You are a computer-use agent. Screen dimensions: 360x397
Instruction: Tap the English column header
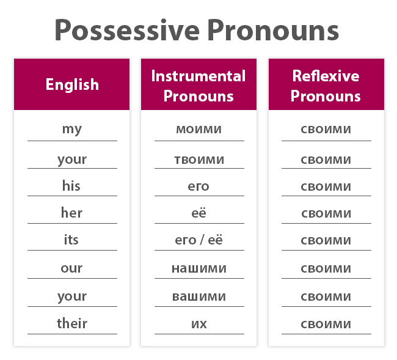click(x=72, y=84)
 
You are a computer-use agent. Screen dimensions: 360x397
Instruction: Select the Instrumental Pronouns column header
click(x=198, y=86)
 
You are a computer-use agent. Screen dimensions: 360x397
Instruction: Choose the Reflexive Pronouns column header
click(x=326, y=86)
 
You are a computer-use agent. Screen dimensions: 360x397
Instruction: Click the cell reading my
click(x=72, y=129)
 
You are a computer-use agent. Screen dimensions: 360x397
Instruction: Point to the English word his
click(x=71, y=186)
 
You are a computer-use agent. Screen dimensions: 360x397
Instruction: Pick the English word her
click(x=71, y=213)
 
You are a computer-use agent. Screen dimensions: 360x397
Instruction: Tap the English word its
click(x=71, y=240)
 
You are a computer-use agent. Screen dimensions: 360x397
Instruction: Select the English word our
click(x=72, y=268)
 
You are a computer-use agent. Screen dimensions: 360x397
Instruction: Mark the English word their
click(x=72, y=323)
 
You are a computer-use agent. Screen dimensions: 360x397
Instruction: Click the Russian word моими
click(x=198, y=129)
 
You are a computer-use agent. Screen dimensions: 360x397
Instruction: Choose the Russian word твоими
click(x=198, y=160)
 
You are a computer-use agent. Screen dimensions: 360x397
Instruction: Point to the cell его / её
click(x=198, y=240)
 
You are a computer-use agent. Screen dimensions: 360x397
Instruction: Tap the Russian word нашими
click(x=198, y=268)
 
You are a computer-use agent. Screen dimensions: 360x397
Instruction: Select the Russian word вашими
click(x=198, y=296)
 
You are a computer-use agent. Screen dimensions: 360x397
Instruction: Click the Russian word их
click(x=198, y=323)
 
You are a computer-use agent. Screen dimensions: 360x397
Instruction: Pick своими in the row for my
click(x=326, y=129)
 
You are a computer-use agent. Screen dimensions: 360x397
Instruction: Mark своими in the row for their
click(x=326, y=323)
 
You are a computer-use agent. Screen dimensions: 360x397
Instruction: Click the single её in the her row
click(x=198, y=213)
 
